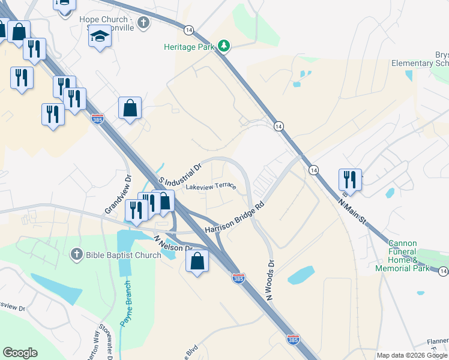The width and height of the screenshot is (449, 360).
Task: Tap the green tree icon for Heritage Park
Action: (224, 46)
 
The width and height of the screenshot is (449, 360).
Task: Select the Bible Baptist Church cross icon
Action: (76, 255)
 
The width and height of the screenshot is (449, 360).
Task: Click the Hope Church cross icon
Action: (143, 23)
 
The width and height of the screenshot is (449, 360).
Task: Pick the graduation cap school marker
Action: (100, 37)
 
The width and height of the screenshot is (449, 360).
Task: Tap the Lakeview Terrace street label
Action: (211, 187)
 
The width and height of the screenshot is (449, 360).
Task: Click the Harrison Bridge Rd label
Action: (235, 217)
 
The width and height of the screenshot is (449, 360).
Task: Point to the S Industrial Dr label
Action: (178, 173)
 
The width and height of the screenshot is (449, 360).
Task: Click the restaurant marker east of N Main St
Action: (350, 179)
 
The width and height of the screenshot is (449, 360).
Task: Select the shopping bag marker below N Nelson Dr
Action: (197, 262)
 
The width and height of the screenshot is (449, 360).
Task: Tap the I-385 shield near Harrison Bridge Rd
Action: (238, 278)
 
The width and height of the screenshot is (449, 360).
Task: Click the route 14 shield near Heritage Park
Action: (189, 29)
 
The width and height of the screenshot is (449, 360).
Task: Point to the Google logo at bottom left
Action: (20, 353)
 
